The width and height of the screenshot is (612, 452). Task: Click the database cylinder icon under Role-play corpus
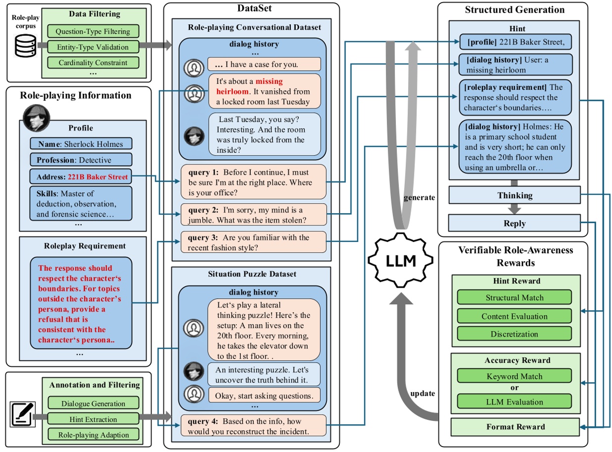coord(25,47)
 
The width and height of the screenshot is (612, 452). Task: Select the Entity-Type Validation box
coord(93,47)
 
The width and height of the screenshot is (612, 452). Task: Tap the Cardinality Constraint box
coord(93,63)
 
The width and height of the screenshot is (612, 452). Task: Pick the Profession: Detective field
coord(81,160)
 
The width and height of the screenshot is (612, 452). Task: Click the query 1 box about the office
coord(253,182)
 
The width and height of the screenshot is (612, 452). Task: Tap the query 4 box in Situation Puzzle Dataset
coord(253,426)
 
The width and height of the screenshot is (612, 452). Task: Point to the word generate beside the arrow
coord(419,197)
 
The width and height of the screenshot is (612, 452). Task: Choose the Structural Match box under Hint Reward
coord(514,297)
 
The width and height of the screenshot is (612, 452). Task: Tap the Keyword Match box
coord(514,376)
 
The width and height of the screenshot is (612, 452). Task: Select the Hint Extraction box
coord(94,419)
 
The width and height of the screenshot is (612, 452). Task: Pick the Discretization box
coord(514,334)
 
